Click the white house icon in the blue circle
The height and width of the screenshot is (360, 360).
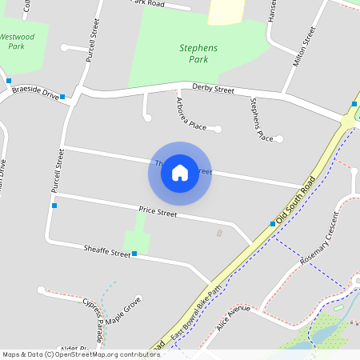(180, 172)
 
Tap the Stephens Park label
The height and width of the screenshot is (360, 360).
(198, 54)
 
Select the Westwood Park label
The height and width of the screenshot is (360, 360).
(17, 42)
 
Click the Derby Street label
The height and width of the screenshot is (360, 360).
(213, 89)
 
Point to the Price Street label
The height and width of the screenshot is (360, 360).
(158, 212)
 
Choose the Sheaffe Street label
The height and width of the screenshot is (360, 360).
(106, 251)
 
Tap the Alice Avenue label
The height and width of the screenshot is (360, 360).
(233, 314)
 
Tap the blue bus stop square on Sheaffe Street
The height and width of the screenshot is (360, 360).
(134, 254)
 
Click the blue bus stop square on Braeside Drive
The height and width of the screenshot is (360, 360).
(62, 97)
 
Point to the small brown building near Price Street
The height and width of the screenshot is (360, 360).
(220, 233)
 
